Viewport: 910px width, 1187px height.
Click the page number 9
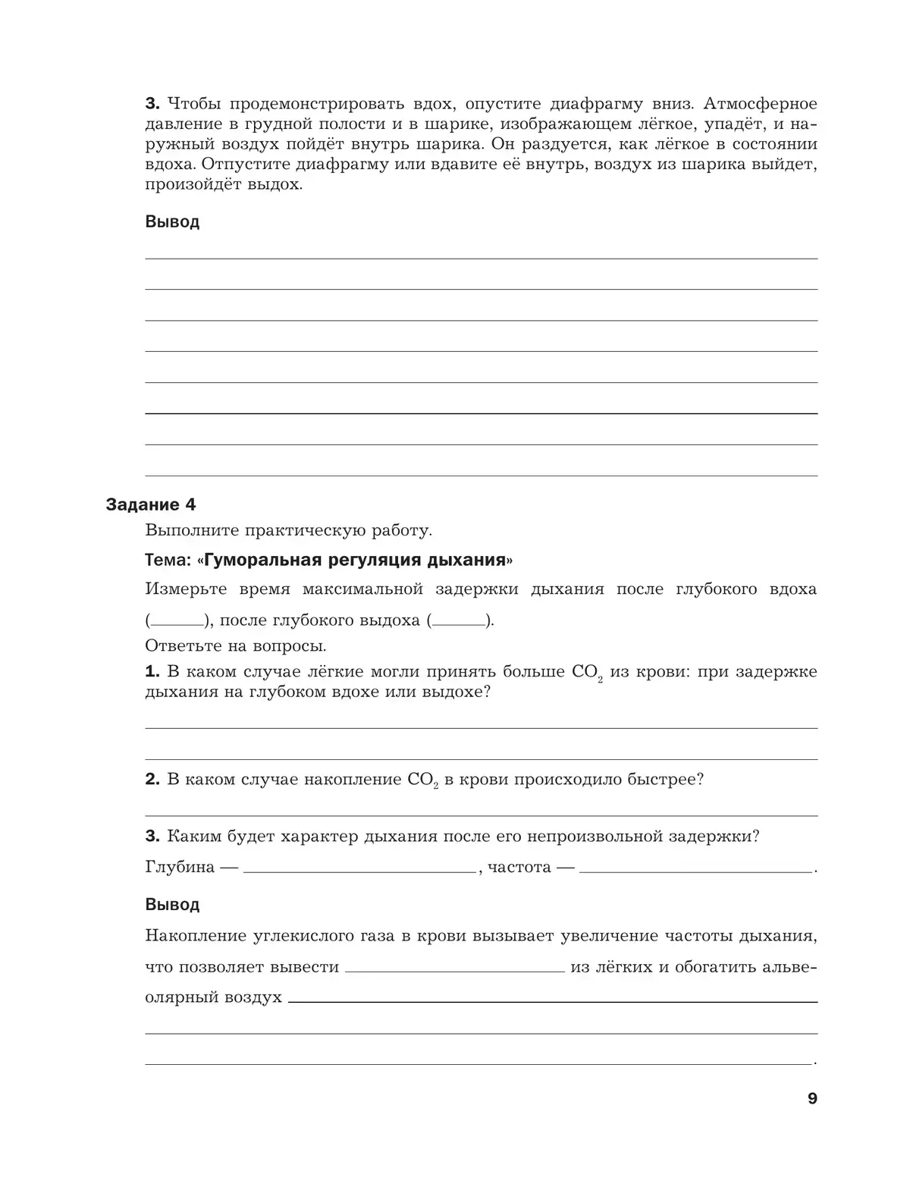coord(812,1098)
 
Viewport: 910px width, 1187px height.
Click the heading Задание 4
coord(151,504)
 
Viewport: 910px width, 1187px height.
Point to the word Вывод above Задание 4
coord(172,222)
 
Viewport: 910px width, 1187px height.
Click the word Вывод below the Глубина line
coord(172,905)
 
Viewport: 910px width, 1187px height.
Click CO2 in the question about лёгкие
coord(586,673)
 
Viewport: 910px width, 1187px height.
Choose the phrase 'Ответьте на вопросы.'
coord(235,646)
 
